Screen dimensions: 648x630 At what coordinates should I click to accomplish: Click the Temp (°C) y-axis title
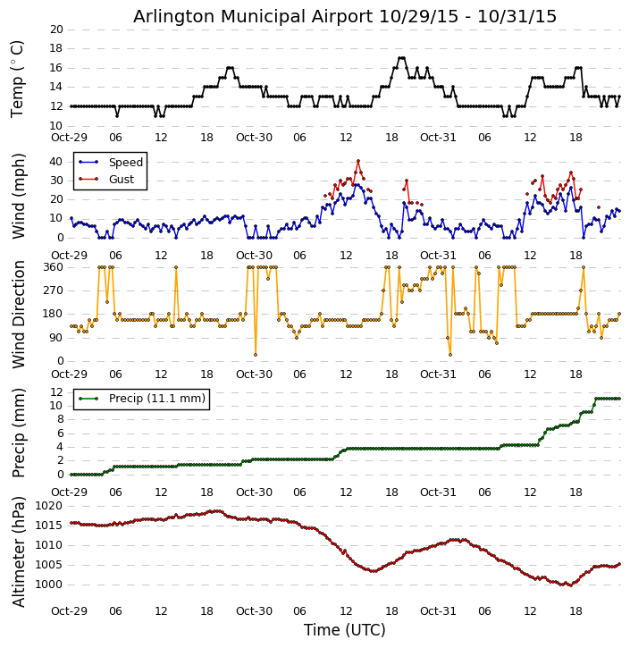(x=18, y=78)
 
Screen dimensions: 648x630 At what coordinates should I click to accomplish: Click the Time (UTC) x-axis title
(x=345, y=630)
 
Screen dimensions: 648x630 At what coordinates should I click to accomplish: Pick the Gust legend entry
(x=121, y=180)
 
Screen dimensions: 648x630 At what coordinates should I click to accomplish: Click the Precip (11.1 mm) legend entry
(x=156, y=399)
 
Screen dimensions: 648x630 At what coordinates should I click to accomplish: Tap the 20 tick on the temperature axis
(x=55, y=29)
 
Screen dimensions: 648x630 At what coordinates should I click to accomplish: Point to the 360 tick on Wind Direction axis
(x=52, y=267)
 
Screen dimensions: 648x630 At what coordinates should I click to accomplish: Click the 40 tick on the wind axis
(x=55, y=162)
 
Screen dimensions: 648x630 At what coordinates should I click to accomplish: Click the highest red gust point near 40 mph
(x=357, y=162)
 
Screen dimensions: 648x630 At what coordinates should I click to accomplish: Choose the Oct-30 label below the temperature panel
(x=254, y=139)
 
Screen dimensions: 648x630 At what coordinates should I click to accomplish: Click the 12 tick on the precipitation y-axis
(x=55, y=392)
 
